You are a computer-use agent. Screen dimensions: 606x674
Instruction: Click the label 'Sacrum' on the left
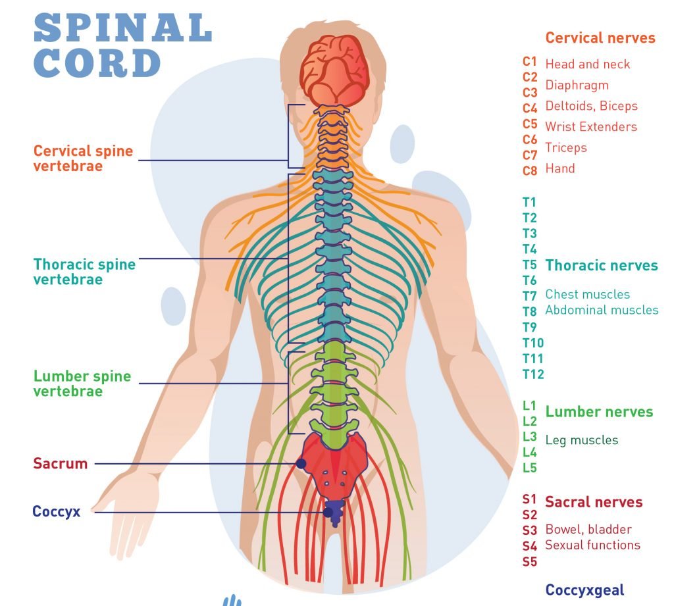coord(60,463)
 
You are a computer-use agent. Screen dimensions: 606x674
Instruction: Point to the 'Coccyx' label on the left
coord(56,511)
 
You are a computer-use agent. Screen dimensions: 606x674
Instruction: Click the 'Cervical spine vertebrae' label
coord(83,158)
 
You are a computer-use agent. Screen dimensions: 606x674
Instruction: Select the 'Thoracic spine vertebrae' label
coord(84,272)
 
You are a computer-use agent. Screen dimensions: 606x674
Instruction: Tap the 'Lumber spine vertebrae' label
coord(82,384)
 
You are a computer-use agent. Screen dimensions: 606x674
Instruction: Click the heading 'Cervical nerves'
coord(600,38)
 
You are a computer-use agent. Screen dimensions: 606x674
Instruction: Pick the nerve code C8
coord(530,171)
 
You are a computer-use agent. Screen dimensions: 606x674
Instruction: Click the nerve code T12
coord(533,374)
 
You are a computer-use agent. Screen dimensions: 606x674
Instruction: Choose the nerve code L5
coord(529,468)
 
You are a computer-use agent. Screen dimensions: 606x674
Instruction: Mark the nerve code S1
coord(529,499)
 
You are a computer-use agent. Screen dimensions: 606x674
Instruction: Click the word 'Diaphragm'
coord(577,85)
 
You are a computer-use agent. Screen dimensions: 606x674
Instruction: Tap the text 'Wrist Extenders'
coord(591,126)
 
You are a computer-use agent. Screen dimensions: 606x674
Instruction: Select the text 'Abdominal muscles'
coord(602,310)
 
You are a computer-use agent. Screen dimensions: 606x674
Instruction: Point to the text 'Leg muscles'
coord(582,440)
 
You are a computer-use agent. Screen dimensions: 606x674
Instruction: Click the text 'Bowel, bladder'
coord(588,529)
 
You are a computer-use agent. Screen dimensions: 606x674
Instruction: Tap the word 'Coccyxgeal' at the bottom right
coord(584,590)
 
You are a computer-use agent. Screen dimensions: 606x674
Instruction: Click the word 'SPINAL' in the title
coord(122,29)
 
